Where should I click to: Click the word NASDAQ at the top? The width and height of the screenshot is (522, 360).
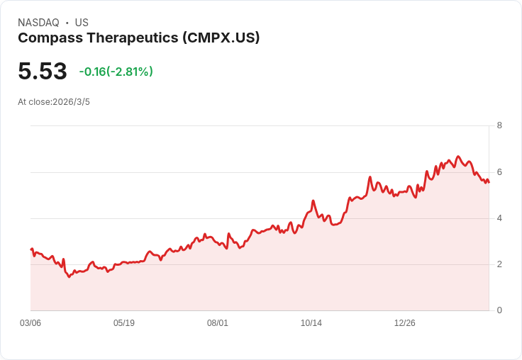coord(38,23)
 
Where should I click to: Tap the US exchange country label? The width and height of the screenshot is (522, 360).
coord(82,23)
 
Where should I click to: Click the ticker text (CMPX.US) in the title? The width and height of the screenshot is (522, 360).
coord(221,38)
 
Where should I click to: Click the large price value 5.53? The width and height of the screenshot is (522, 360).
coord(43,72)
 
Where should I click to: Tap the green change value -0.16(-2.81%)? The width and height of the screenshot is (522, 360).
coord(116,72)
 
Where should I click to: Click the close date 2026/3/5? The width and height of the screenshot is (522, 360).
coord(71,102)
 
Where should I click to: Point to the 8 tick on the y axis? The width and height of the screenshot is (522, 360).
coord(499,125)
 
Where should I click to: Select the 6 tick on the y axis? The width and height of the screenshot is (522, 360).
coord(499,172)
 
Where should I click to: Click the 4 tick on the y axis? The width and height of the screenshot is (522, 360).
coord(499,218)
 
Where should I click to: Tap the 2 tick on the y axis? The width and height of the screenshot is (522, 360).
coord(499,264)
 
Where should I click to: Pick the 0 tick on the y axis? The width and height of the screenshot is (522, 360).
coord(499,310)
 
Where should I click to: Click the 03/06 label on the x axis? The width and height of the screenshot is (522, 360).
coord(30,323)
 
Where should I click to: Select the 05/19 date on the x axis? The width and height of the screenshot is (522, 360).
coord(124,323)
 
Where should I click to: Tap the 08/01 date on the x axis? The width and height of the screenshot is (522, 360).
coord(218,323)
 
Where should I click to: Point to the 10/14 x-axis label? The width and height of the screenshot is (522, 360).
coord(311,323)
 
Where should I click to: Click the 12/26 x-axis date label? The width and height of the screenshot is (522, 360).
coord(405,323)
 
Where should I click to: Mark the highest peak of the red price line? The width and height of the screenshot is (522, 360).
coord(458,157)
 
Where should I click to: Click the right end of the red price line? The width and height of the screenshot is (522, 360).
coord(489,183)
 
